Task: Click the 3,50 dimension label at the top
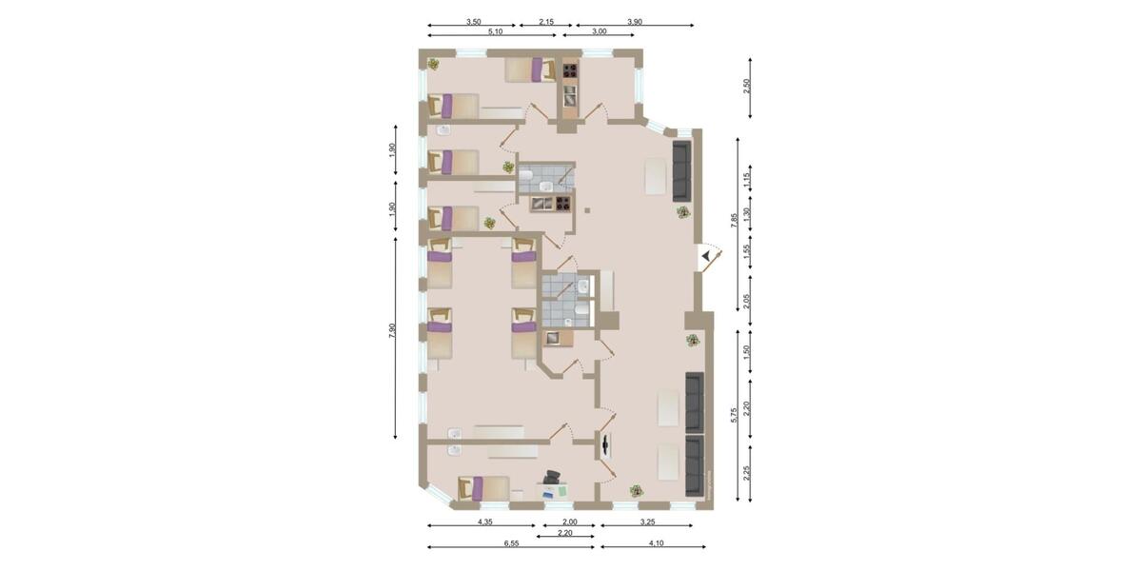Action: pos(472,20)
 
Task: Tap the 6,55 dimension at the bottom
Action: pos(511,541)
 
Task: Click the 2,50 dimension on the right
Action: pos(747,85)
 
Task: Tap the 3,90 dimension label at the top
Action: pos(635,20)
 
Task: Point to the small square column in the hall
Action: pos(588,211)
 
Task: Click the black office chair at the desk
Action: pos(552,477)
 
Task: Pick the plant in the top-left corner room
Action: pos(433,64)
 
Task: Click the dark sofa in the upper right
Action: pos(681,166)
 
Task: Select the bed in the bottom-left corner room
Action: pos(483,488)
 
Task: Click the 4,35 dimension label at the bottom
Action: pos(485,521)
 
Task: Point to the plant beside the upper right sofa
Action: pos(681,212)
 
